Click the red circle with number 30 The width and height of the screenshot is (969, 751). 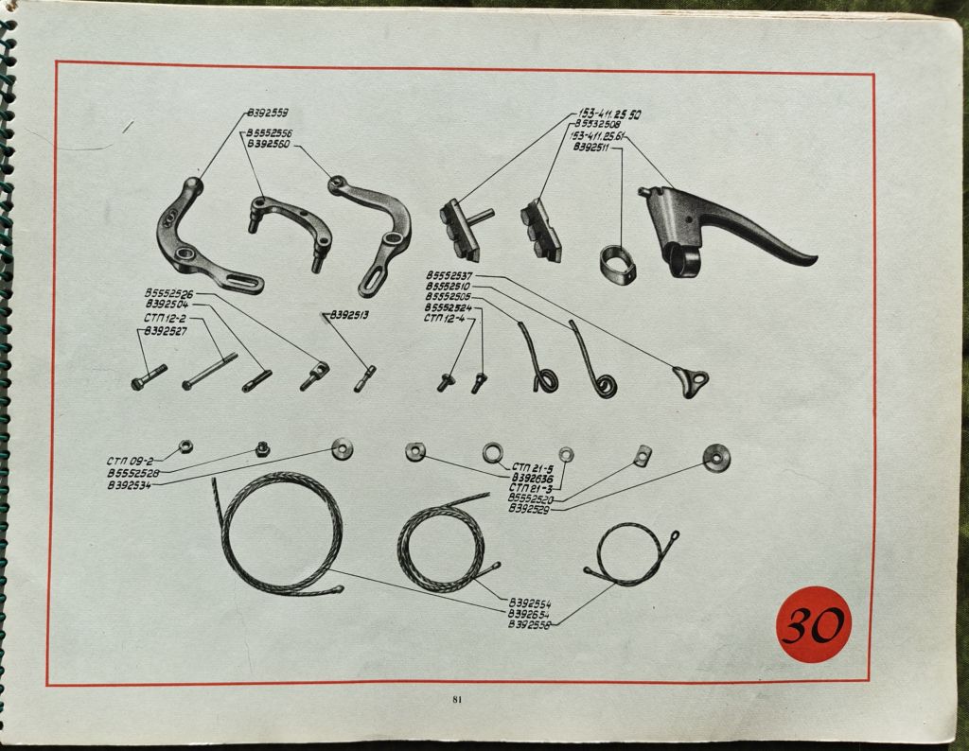pyautogui.click(x=814, y=624)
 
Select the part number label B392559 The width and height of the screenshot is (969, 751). pyautogui.click(x=267, y=114)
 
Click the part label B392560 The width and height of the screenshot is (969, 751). pyautogui.click(x=268, y=145)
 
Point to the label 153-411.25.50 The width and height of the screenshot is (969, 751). pyautogui.click(x=609, y=114)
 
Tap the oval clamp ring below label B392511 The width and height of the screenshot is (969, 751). pyautogui.click(x=618, y=264)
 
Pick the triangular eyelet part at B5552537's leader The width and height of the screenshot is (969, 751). pyautogui.click(x=690, y=380)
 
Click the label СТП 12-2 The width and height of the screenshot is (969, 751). pyautogui.click(x=167, y=319)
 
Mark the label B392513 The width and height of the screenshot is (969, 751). pyautogui.click(x=350, y=314)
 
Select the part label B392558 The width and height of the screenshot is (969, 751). pyautogui.click(x=530, y=624)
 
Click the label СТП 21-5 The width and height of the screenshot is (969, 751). pyautogui.click(x=533, y=466)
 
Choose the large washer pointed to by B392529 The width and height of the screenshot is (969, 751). pyautogui.click(x=716, y=459)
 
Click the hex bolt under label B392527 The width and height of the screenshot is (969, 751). pyautogui.click(x=149, y=377)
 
